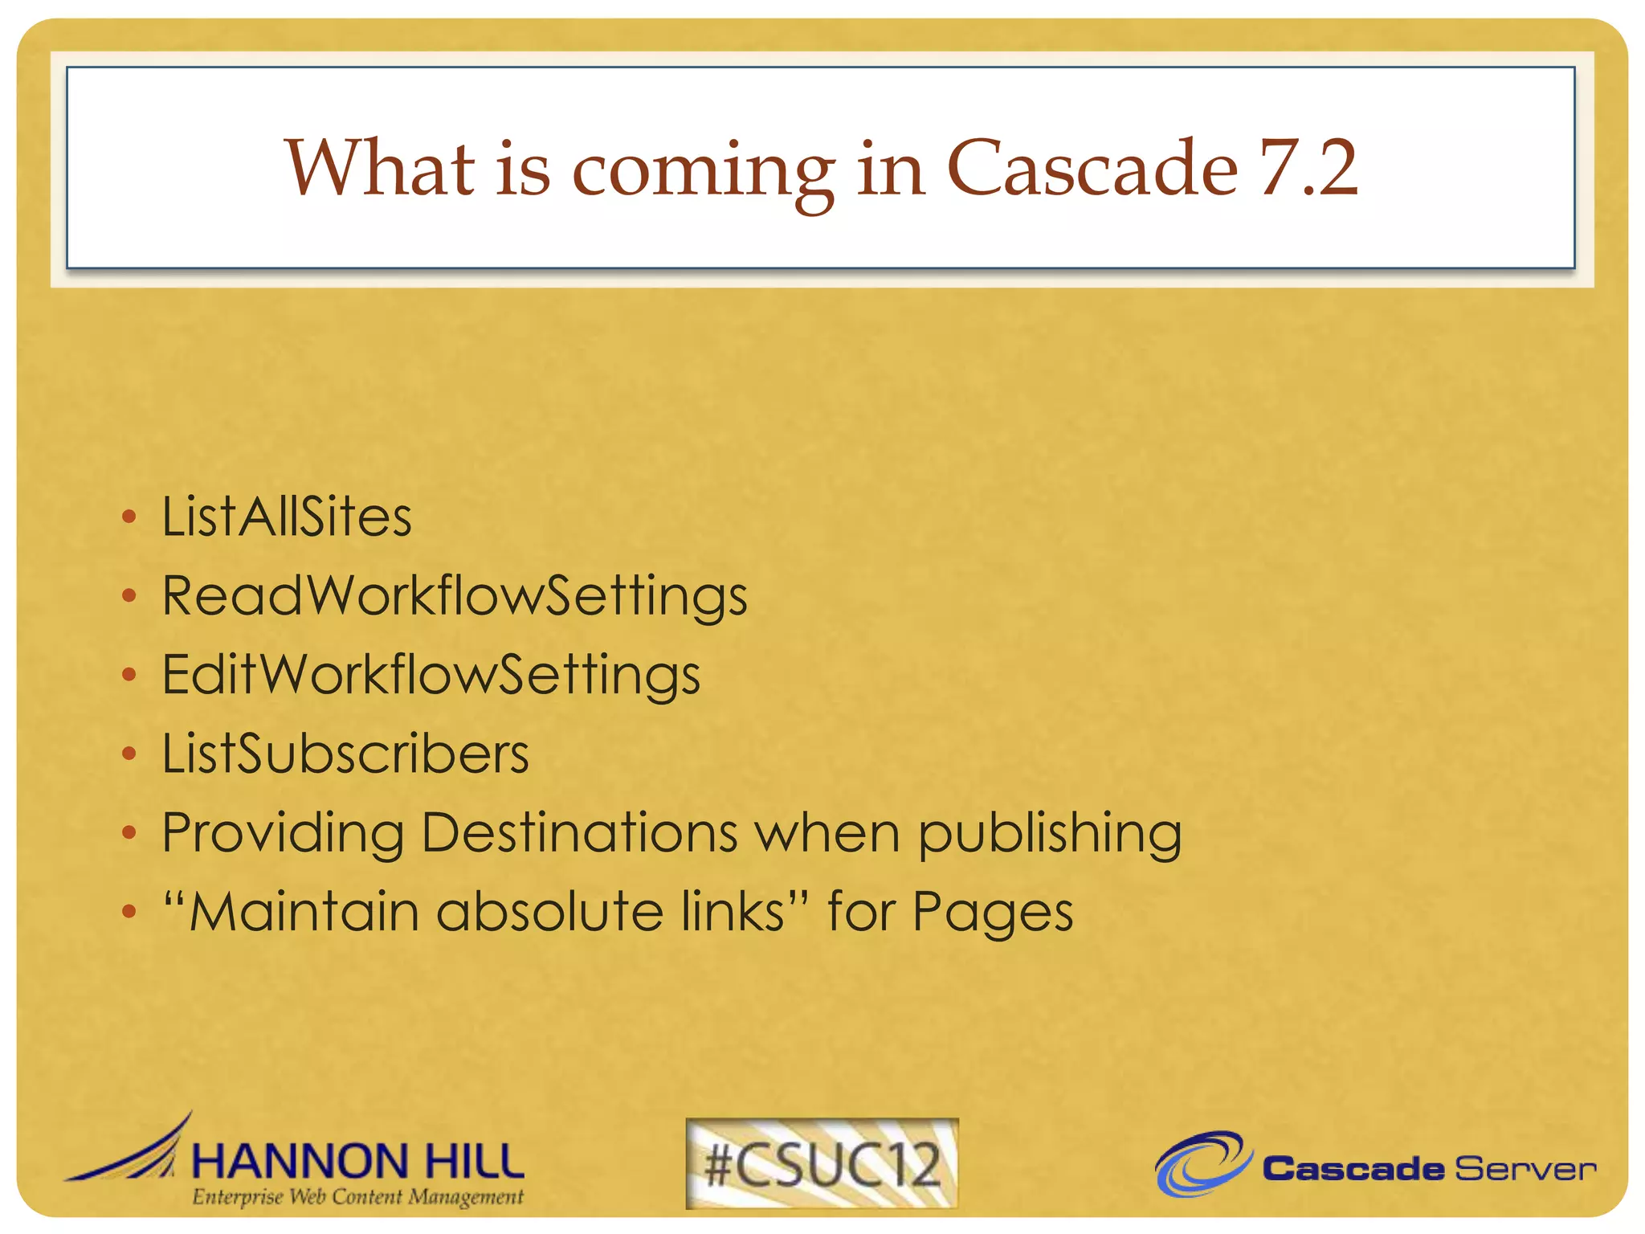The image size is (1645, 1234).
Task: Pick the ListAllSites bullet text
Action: coord(287,516)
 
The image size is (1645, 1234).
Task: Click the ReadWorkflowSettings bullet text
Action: coord(455,596)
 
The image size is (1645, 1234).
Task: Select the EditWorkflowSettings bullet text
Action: coord(431,675)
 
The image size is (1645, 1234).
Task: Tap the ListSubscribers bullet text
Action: coord(345,754)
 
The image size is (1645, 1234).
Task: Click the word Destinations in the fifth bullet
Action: coord(579,832)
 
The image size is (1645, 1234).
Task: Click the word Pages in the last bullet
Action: coord(992,913)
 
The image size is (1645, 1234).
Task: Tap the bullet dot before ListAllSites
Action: coord(129,517)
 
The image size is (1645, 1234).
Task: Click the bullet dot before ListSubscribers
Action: coord(129,754)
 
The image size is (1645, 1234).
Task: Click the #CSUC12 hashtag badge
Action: coord(822,1163)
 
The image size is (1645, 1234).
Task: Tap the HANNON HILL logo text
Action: coord(357,1161)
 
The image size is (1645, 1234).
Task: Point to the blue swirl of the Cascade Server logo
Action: coord(1202,1163)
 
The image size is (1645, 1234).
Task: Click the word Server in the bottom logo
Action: coord(1525,1169)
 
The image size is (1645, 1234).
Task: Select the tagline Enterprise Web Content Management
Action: coord(357,1197)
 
